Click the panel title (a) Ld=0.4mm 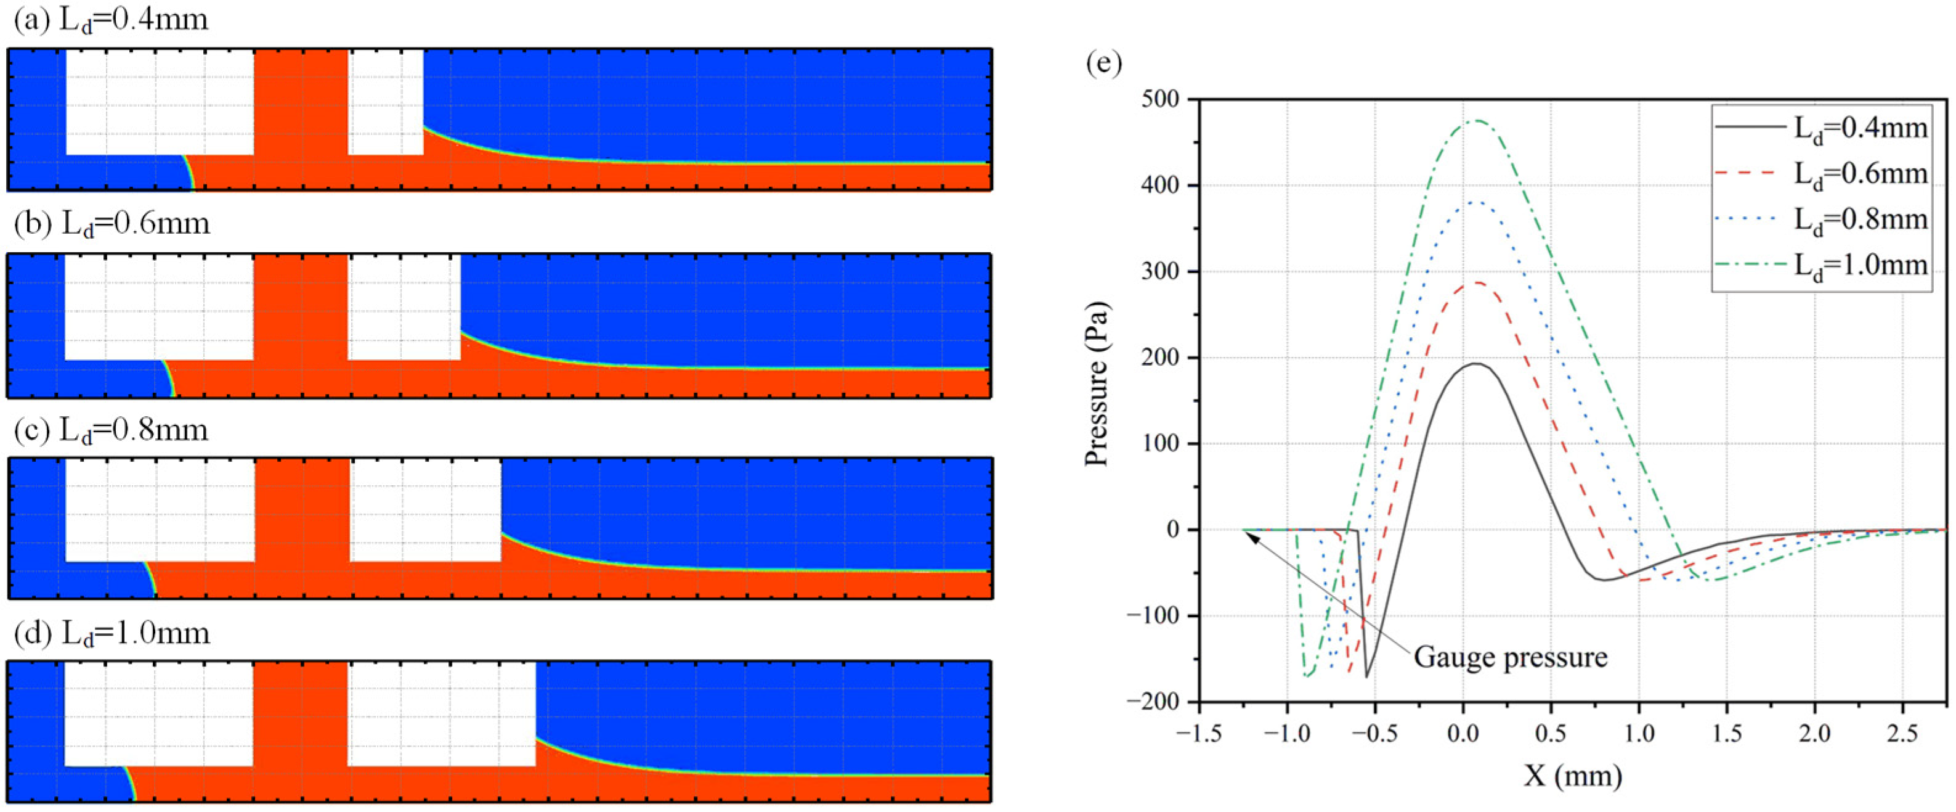(x=111, y=20)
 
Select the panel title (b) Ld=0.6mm (x=112, y=223)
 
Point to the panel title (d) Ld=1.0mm (x=112, y=633)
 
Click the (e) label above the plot (x=1103, y=62)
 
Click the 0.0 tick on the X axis (x=1463, y=734)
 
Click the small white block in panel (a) (x=386, y=102)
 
